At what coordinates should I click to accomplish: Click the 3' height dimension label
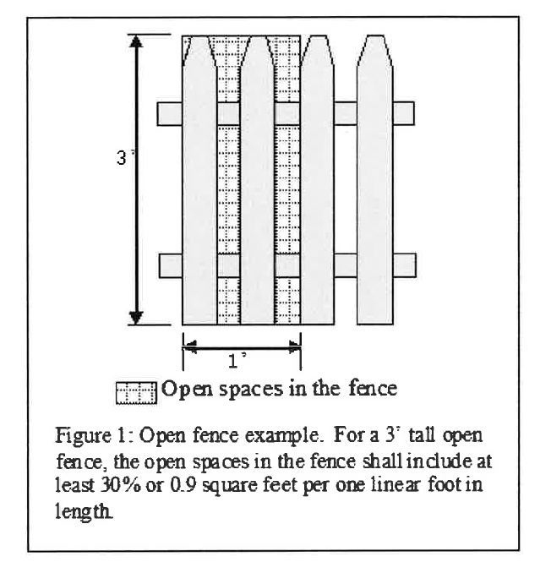(x=123, y=158)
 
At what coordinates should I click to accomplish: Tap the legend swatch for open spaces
(x=137, y=390)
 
